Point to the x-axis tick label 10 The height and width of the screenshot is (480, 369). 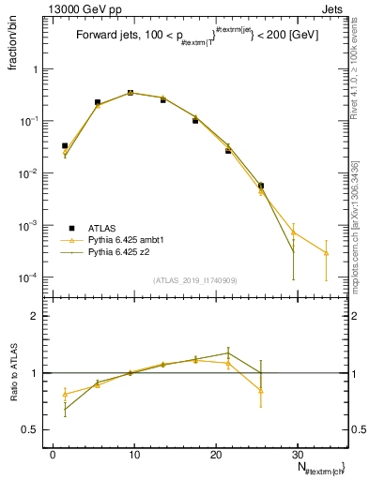pos(134,454)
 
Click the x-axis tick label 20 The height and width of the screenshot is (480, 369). pos(216,454)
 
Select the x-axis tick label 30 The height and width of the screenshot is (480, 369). pos(298,454)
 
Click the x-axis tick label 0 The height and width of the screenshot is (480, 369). pos(53,454)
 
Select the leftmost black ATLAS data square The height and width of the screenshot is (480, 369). pos(65,146)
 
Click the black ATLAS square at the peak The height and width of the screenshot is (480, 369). pos(131,93)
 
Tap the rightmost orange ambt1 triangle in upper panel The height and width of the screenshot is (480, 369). pos(326,253)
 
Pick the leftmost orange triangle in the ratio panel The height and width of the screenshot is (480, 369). pos(65,394)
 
